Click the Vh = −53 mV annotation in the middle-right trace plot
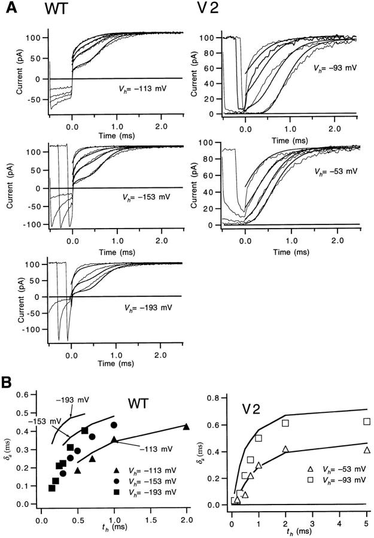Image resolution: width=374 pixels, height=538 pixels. [x=337, y=172]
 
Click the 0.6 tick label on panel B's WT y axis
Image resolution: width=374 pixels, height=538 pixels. [x=25, y=394]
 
